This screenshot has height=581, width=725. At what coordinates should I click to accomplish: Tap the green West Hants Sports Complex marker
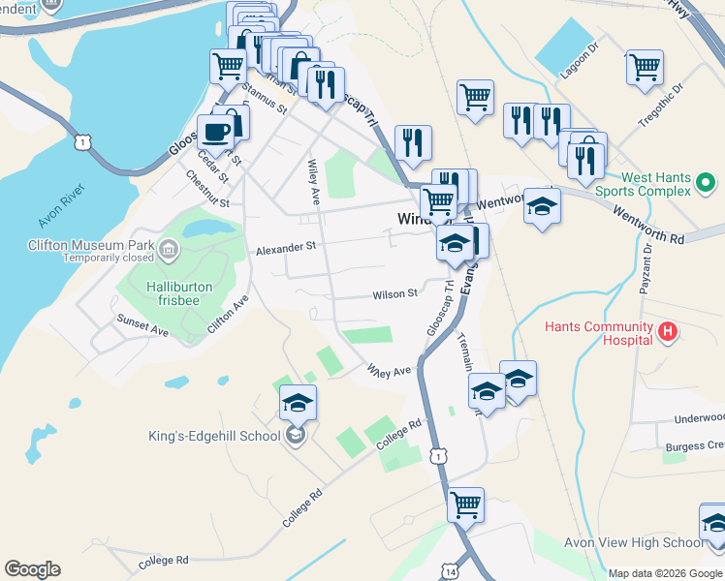[706, 182]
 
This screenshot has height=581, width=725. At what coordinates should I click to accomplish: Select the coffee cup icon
[214, 131]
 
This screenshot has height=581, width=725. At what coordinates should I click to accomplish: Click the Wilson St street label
[394, 293]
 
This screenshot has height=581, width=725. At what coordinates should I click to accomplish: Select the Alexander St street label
[286, 249]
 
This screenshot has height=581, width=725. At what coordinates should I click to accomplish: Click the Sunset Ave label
[142, 324]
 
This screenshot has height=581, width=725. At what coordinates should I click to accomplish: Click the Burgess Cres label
[695, 446]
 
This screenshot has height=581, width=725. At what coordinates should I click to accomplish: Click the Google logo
[32, 569]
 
